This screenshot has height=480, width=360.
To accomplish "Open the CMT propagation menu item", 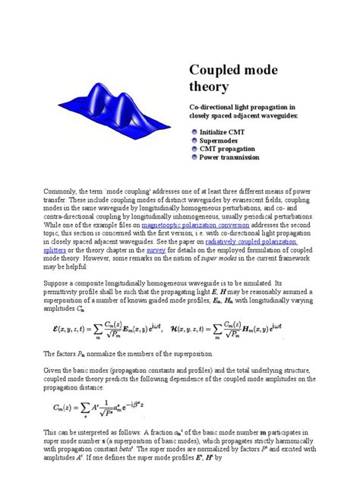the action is click(x=232, y=149).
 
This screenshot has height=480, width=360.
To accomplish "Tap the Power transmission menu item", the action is click(x=234, y=157).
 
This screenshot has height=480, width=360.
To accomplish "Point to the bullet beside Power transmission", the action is click(x=194, y=157).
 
